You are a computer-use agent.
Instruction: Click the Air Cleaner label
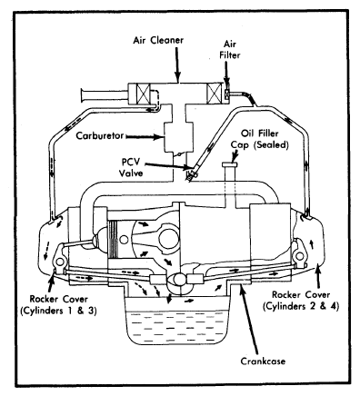(158, 40)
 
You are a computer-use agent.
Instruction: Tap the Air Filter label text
(230, 50)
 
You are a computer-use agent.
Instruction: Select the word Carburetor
(100, 135)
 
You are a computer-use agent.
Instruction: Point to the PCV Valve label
(131, 167)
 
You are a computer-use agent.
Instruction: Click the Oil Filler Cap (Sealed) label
(259, 139)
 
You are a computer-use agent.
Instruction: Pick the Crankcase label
(263, 361)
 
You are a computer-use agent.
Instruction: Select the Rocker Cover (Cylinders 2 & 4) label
(301, 301)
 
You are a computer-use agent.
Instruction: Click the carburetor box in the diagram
(178, 136)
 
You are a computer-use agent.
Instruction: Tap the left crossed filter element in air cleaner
(144, 94)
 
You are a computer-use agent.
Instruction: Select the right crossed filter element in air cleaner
(215, 94)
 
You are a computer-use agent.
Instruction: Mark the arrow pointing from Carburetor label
(144, 137)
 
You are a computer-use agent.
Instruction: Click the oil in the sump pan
(176, 326)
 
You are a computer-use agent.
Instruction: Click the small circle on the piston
(124, 240)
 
